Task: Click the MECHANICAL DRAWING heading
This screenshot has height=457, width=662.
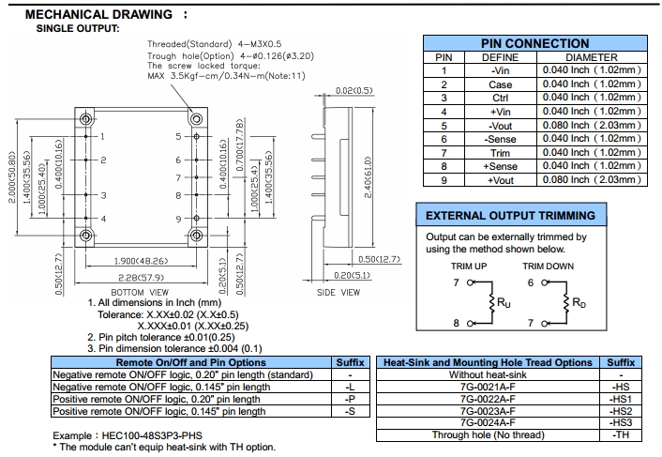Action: (x=99, y=15)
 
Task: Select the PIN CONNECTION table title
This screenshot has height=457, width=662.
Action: (x=534, y=44)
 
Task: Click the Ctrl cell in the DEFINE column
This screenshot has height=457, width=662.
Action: (x=500, y=98)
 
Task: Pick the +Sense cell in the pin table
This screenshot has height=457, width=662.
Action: (x=500, y=166)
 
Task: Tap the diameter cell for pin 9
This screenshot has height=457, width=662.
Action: (x=592, y=180)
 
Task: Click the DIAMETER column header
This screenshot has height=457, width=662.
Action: (x=592, y=57)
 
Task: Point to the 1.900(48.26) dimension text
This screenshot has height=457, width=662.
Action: (x=141, y=261)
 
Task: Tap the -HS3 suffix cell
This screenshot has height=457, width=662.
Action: (x=621, y=423)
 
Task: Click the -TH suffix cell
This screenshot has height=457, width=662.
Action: (x=621, y=435)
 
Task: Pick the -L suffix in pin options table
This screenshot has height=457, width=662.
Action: (x=350, y=387)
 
